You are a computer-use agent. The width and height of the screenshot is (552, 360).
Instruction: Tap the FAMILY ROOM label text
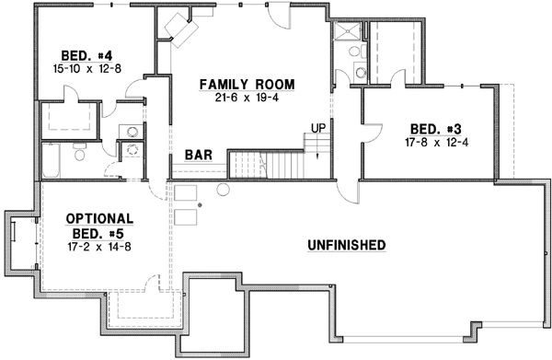pos(247,85)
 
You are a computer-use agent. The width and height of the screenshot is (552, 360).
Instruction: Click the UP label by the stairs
pos(318,127)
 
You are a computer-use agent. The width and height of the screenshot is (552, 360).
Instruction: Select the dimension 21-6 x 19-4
pos(247,99)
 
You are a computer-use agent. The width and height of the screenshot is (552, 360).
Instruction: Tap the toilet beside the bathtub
pos(79,156)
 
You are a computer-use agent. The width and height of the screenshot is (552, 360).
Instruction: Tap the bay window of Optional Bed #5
pos(21,242)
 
